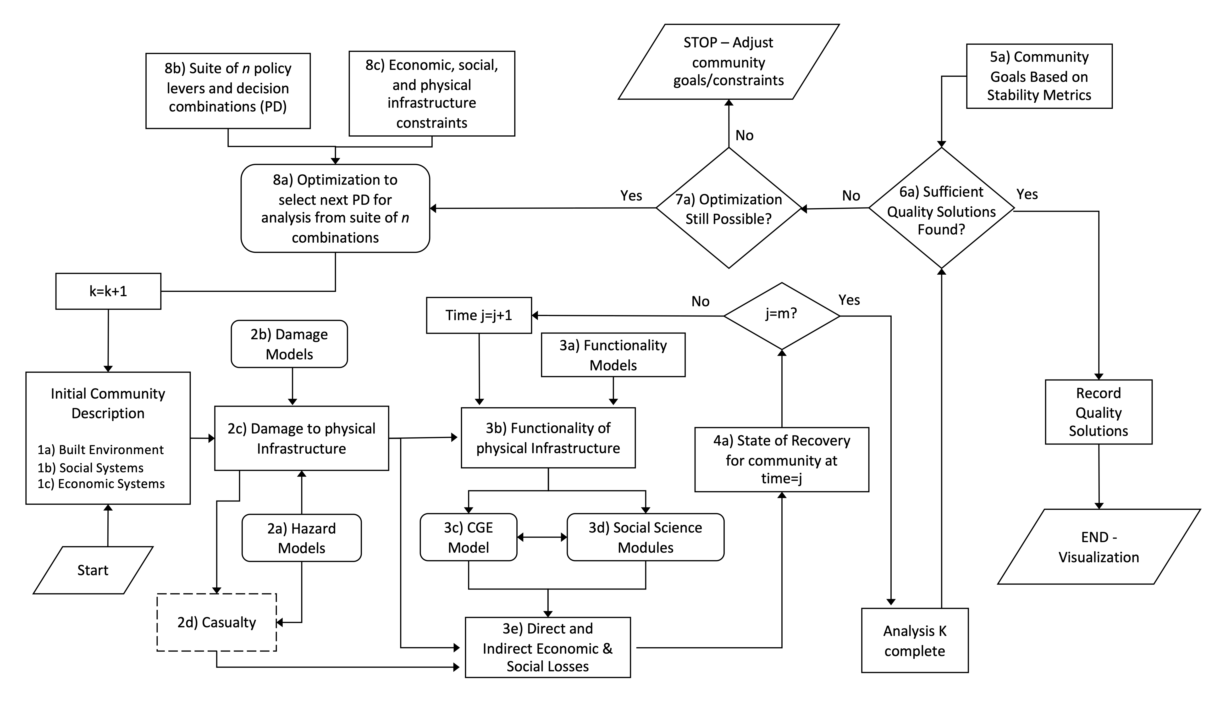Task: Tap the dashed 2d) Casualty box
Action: click(216, 622)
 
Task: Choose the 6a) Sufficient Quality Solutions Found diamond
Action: click(941, 208)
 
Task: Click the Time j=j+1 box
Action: click(479, 315)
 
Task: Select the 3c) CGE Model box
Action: click(468, 537)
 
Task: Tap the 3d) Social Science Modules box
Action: click(645, 537)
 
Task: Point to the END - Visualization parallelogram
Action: click(1099, 547)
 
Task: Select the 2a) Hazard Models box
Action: click(301, 538)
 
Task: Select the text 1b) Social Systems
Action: click(91, 468)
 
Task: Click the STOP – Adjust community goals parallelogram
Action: click(728, 62)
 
